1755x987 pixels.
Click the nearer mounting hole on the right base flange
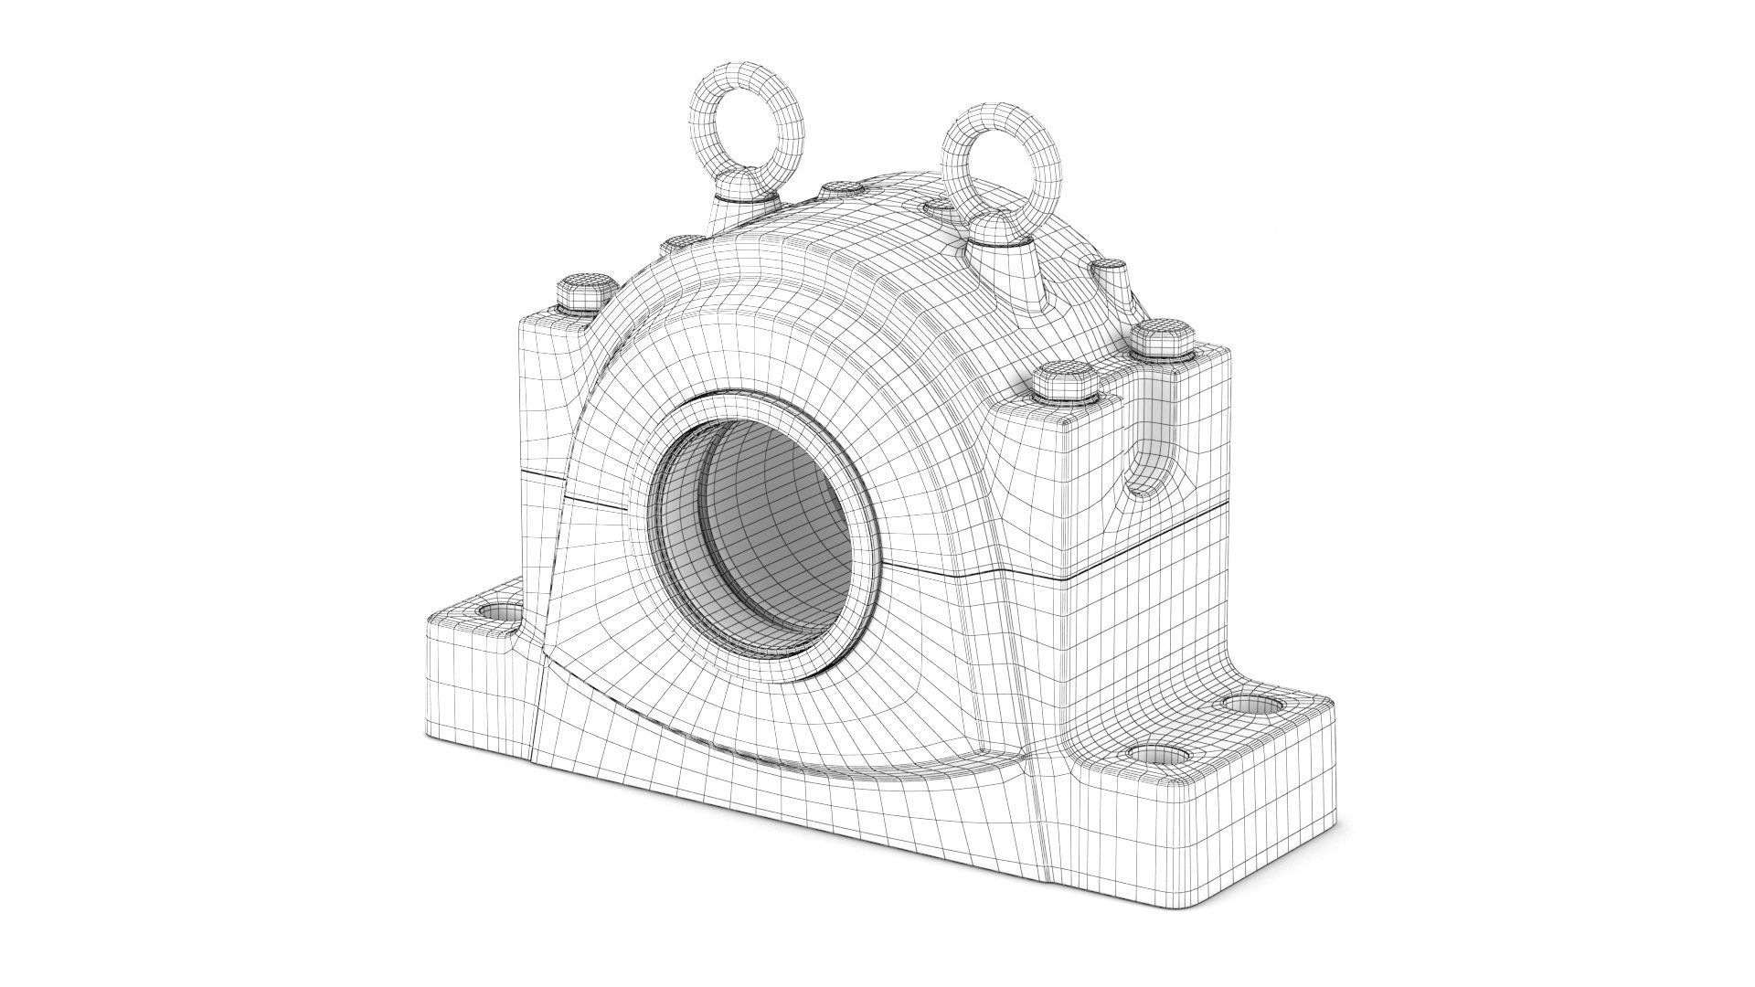click(1158, 755)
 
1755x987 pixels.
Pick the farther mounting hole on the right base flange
click(1250, 704)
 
